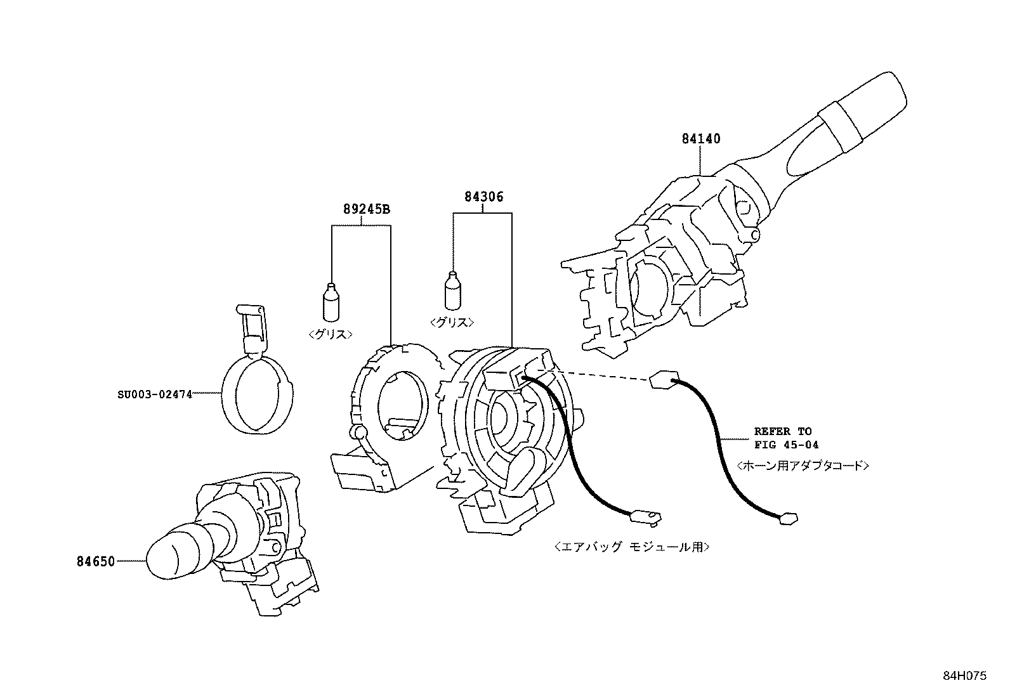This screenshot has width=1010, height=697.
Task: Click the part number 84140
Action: pyautogui.click(x=701, y=138)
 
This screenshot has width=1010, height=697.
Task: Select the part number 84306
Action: pyautogui.click(x=483, y=197)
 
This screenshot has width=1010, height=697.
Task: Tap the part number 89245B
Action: pyautogui.click(x=367, y=209)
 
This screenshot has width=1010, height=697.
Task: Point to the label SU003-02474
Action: pyautogui.click(x=154, y=394)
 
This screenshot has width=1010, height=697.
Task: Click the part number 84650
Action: pyautogui.click(x=96, y=561)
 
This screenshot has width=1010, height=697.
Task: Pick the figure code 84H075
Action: pyautogui.click(x=964, y=676)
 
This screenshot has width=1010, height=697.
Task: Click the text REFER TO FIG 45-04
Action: pyautogui.click(x=782, y=438)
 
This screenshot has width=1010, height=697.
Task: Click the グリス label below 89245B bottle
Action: pyautogui.click(x=331, y=334)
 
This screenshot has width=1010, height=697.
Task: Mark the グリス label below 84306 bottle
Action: pyautogui.click(x=452, y=322)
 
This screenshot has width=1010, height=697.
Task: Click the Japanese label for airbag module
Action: pyautogui.click(x=631, y=546)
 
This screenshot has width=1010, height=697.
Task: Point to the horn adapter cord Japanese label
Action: pyautogui.click(x=803, y=466)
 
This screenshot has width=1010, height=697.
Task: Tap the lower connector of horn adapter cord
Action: pyautogui.click(x=787, y=519)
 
